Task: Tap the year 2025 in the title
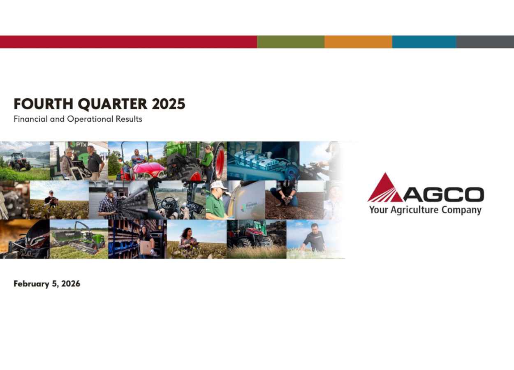pos(169,104)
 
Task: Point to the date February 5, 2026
pos(47,284)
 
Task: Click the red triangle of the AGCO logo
pos(384,189)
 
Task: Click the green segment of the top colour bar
pos(291,42)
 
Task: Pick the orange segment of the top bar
pos(358,42)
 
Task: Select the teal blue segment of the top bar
pos(424,42)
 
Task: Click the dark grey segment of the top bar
pos(485,42)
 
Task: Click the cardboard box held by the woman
pos(146,247)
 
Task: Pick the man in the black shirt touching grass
pos(313,238)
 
